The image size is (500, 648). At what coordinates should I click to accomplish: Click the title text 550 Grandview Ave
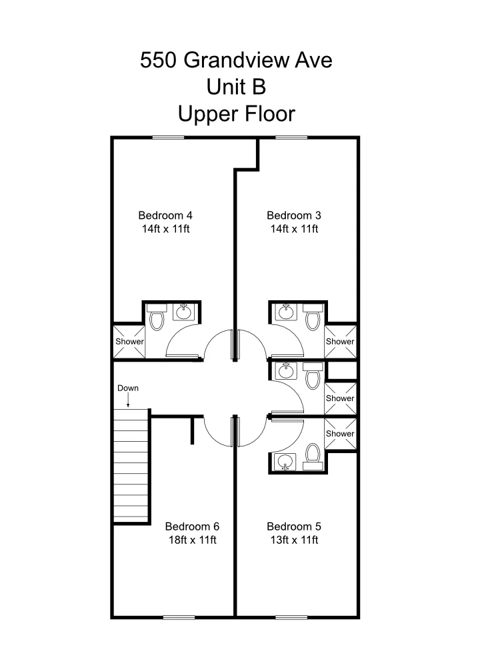[x=236, y=61]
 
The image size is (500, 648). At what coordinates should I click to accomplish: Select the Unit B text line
[x=236, y=87]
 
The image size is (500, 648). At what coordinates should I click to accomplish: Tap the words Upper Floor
[x=236, y=114]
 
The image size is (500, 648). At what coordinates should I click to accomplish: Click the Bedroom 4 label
[x=165, y=215]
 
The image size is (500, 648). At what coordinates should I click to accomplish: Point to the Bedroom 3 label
[x=294, y=215]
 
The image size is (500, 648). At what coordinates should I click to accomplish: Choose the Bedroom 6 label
[x=192, y=526]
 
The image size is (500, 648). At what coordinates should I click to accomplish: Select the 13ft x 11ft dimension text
[x=294, y=540]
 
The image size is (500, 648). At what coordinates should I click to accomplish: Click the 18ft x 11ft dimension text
[x=192, y=540]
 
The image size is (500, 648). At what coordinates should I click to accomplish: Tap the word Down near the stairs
[x=128, y=388]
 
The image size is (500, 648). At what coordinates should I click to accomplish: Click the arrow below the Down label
[x=128, y=400]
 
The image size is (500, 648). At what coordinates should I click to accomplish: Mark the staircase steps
[x=130, y=467]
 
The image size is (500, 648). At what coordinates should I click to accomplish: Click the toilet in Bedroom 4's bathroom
[x=157, y=320]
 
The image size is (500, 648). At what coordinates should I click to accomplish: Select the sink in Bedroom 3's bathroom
[x=286, y=311]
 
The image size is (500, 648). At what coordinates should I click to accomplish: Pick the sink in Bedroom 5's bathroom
[x=286, y=461]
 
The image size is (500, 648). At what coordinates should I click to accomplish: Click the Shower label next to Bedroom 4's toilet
[x=129, y=341]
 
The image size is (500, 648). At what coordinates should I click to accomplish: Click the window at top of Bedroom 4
[x=168, y=137]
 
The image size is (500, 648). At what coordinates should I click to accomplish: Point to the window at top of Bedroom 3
[x=291, y=137]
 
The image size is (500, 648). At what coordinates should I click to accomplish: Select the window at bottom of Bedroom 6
[x=179, y=617]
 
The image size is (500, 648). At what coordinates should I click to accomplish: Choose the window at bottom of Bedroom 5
[x=291, y=617]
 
